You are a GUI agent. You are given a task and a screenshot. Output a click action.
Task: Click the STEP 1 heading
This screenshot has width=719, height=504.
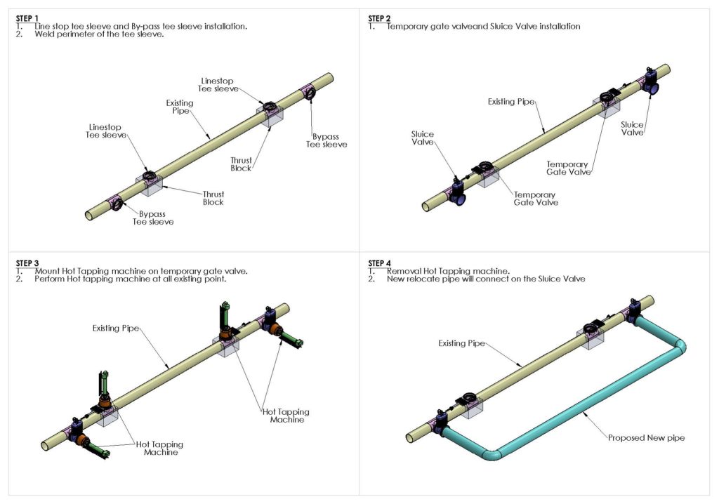tap(28, 18)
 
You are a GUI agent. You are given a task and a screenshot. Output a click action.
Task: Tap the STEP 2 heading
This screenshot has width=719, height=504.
tap(381, 18)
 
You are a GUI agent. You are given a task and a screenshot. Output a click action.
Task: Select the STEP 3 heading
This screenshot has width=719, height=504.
tap(28, 263)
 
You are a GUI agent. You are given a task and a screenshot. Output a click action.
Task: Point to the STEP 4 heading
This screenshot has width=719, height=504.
tap(381, 263)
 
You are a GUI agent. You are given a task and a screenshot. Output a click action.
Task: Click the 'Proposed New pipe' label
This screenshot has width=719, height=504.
tap(646, 437)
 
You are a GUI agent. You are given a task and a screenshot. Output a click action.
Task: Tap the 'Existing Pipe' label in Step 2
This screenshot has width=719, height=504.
tap(511, 102)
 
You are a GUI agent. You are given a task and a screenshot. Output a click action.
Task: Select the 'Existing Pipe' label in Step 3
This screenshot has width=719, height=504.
tap(116, 328)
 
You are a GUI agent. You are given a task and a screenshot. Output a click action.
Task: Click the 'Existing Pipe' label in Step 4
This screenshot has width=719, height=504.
tap(462, 343)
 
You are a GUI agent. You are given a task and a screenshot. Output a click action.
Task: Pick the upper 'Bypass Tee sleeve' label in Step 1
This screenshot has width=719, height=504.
tap(326, 140)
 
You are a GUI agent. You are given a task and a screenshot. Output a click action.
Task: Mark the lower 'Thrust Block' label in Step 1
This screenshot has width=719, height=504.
tap(213, 197)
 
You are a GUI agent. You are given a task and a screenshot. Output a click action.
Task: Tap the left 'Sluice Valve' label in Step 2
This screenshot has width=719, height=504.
tap(423, 138)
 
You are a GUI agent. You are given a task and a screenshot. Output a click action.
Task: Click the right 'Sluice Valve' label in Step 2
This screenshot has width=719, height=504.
tap(632, 128)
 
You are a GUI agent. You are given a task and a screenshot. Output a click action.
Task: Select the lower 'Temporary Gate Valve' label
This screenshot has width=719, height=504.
tap(534, 199)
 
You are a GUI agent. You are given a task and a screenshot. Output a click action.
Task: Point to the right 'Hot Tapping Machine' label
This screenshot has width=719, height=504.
tap(285, 416)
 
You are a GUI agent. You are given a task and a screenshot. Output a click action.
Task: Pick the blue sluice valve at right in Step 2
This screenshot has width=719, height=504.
tap(652, 85)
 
